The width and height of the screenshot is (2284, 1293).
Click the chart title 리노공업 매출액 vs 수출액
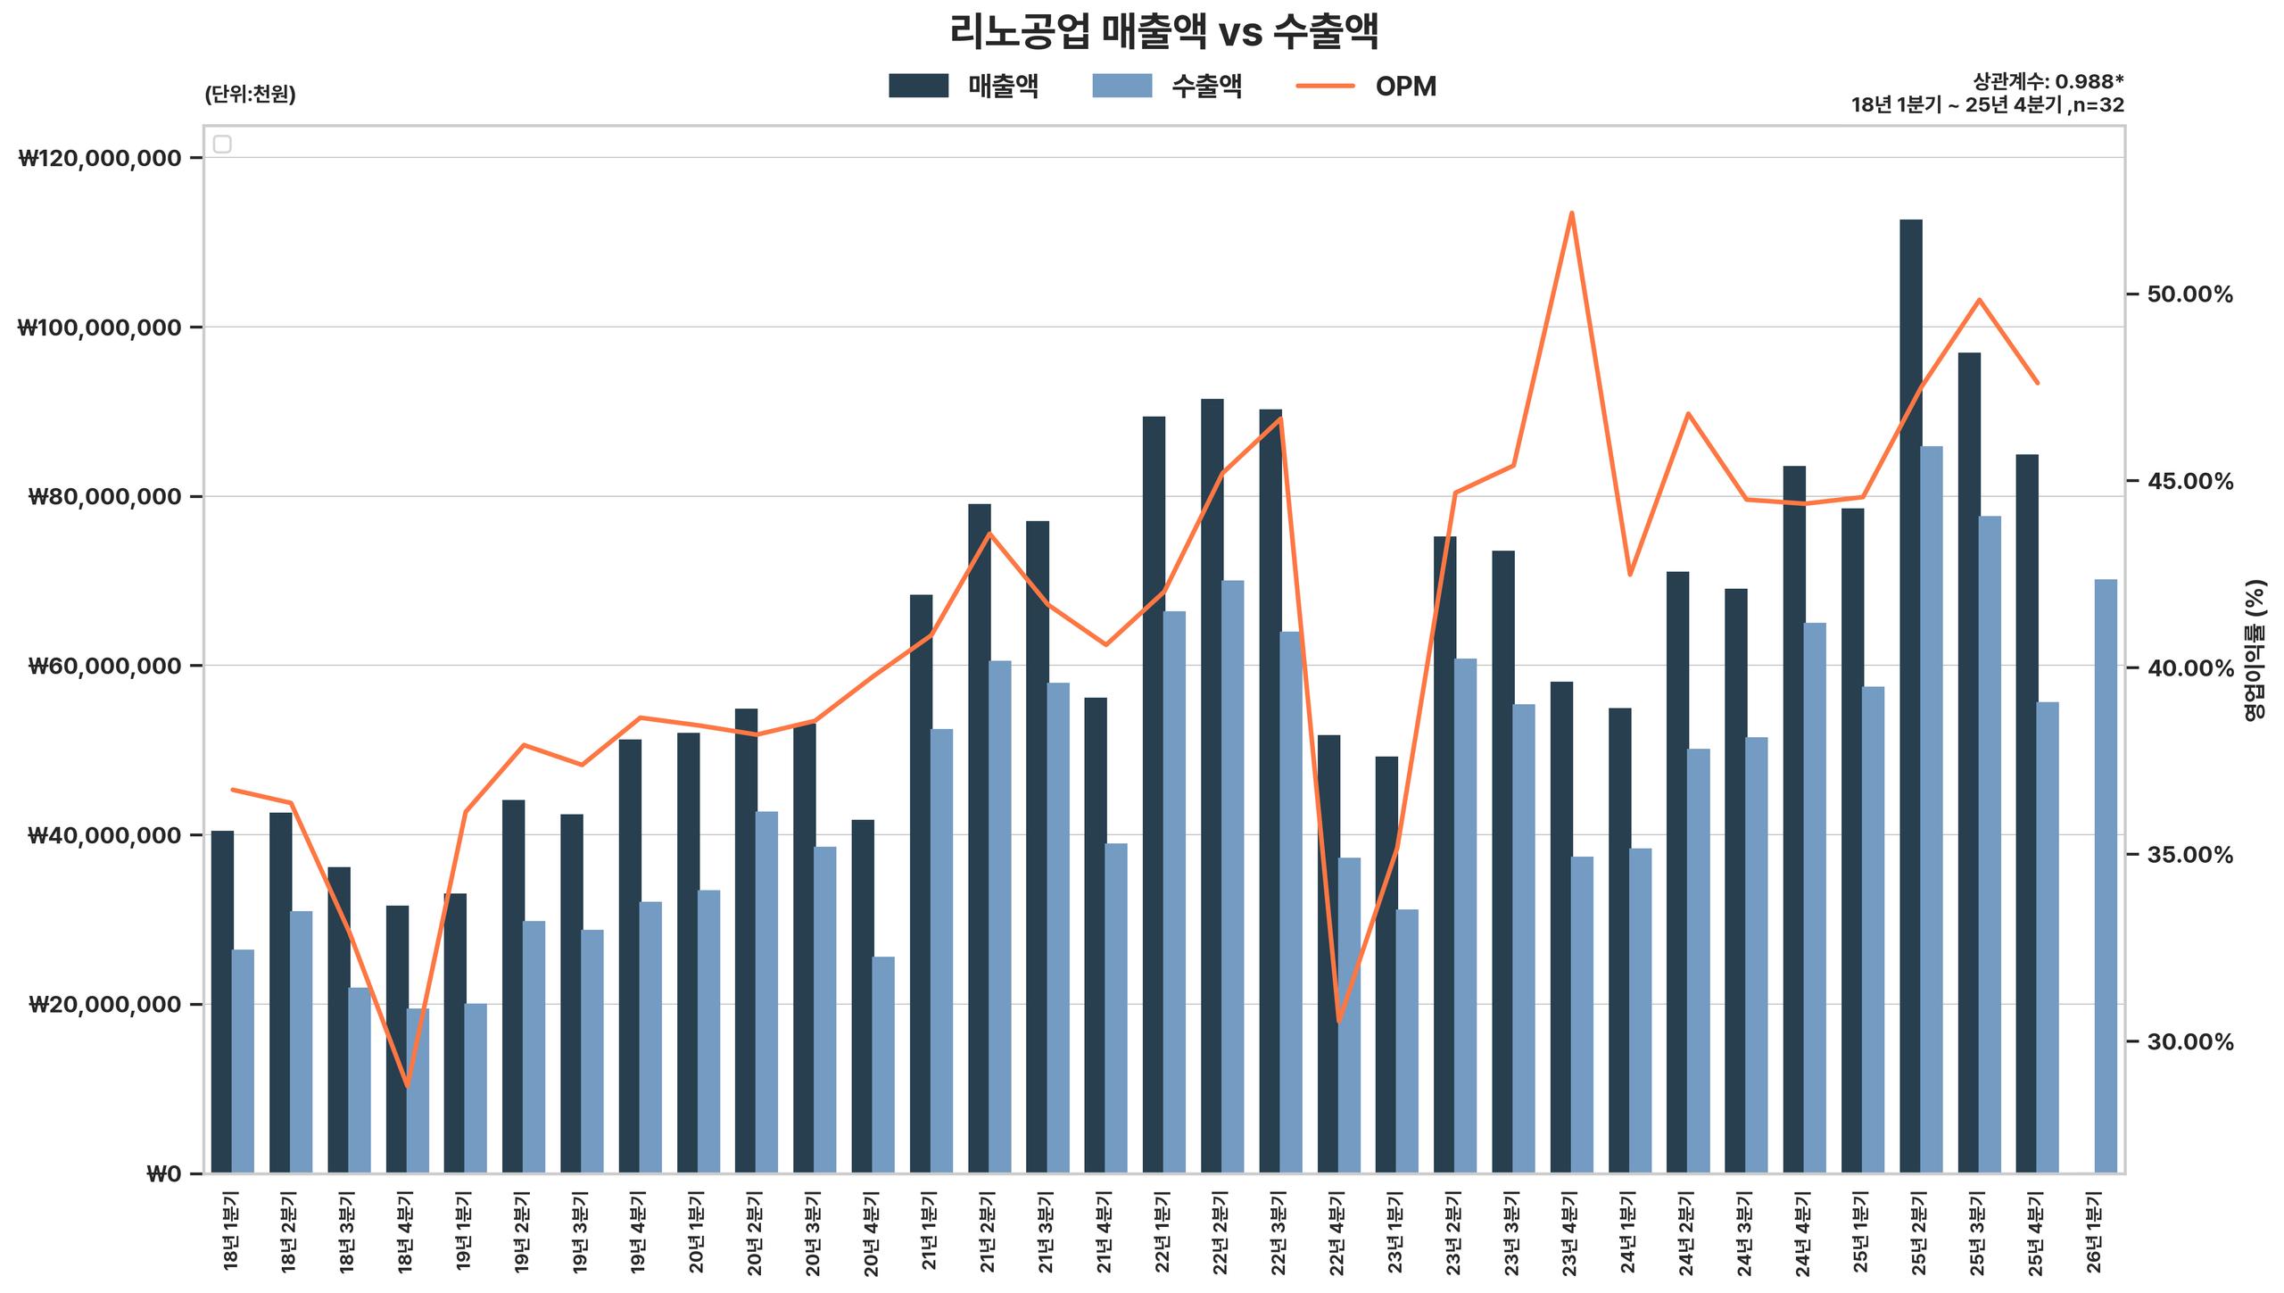click(1164, 33)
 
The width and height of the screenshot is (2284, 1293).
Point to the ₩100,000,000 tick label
click(99, 327)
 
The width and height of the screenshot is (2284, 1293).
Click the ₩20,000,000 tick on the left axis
click(105, 1005)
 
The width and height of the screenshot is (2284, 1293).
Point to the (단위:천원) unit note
click(250, 95)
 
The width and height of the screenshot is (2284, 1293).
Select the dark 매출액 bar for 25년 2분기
click(1910, 696)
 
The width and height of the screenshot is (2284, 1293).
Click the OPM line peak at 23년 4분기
click(1571, 213)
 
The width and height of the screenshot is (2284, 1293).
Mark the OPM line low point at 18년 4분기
click(408, 1086)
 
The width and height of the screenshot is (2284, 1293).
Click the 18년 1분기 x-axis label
click(232, 1232)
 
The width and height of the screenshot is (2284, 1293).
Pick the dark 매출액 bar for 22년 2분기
click(1212, 785)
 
